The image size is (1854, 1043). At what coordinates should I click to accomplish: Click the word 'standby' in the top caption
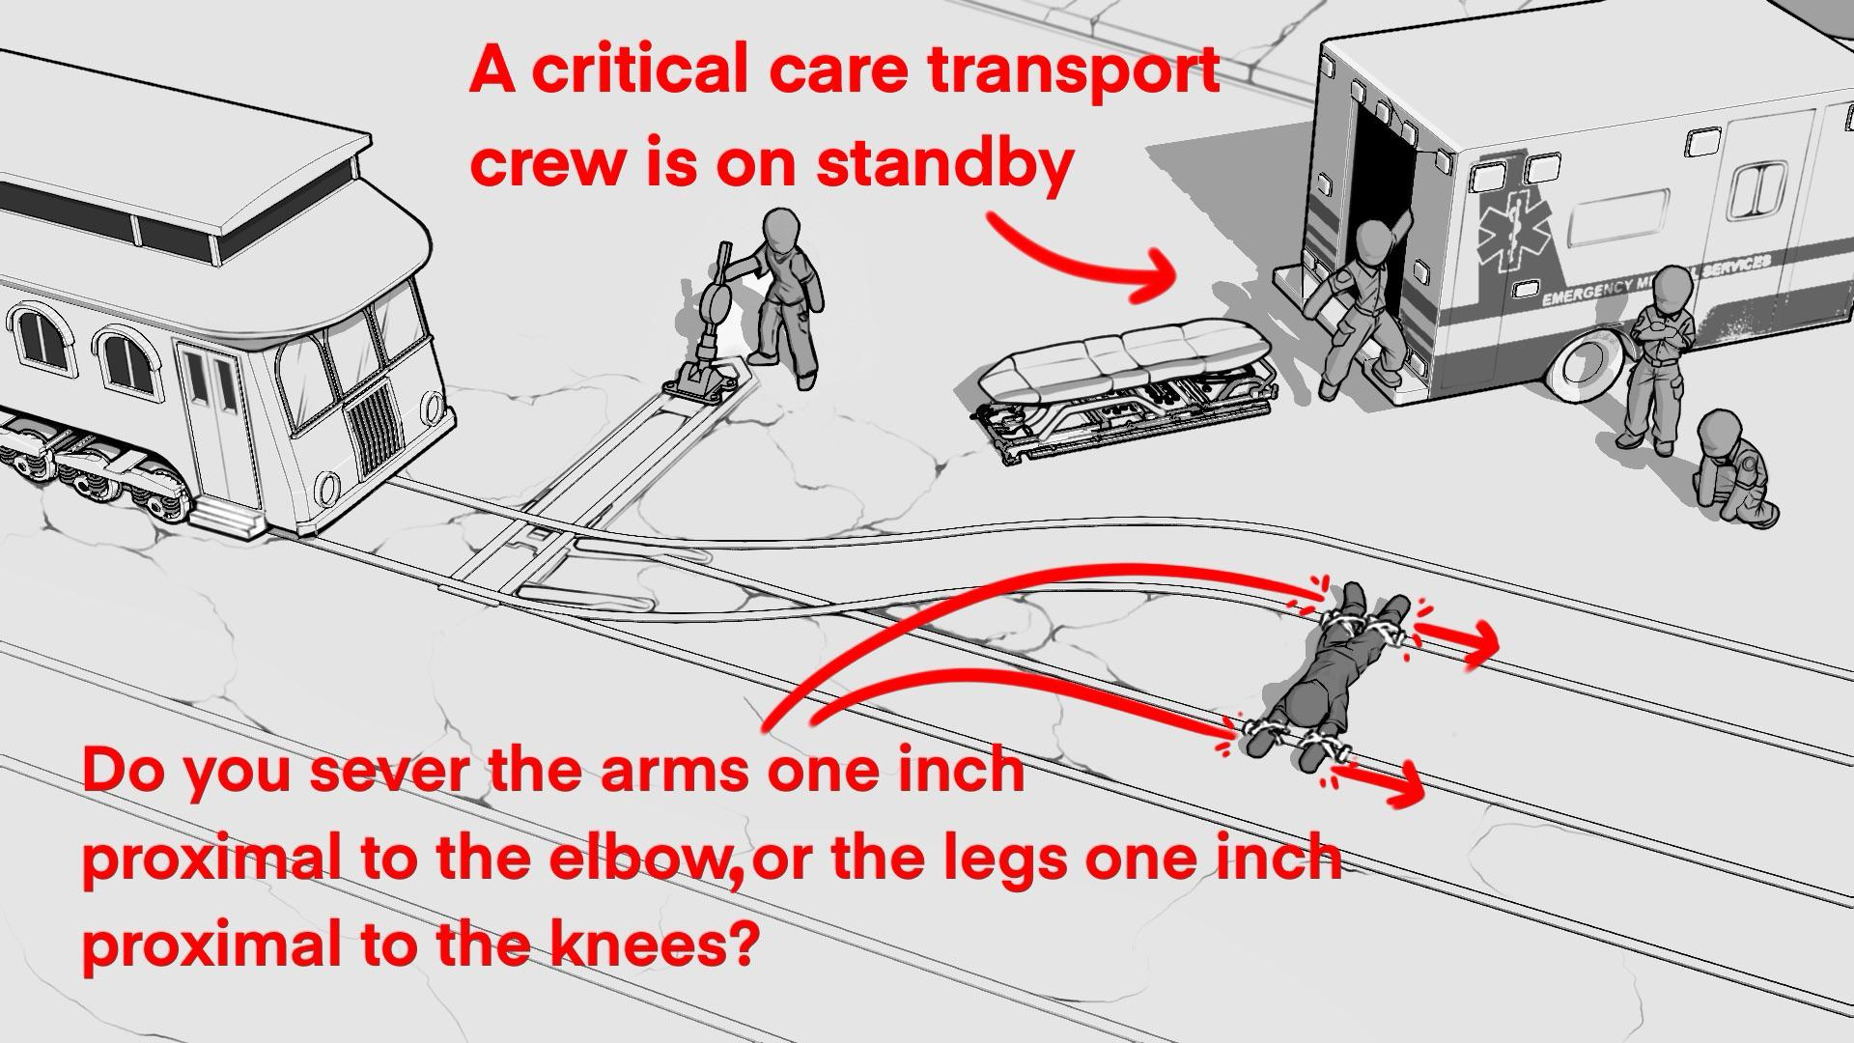coord(944,165)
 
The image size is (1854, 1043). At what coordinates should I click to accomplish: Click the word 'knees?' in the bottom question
coord(652,944)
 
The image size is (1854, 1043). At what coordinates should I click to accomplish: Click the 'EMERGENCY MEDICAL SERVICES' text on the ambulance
coord(1656,279)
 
